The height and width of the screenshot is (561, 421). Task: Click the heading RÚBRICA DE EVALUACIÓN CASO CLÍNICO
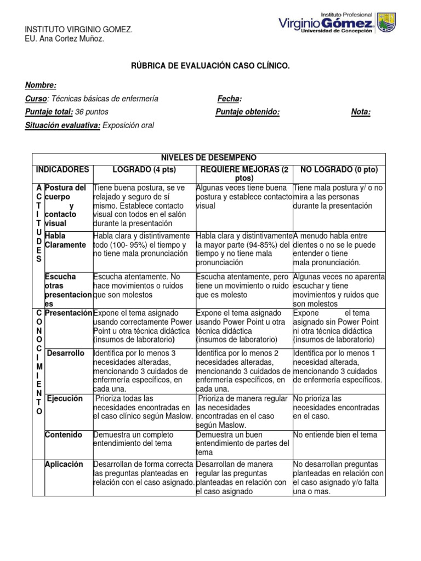[210, 66]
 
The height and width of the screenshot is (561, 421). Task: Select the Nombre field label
[41, 85]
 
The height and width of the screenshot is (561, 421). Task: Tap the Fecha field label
[229, 99]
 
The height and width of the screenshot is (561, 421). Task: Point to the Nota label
[361, 112]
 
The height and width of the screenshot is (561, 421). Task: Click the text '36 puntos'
[92, 112]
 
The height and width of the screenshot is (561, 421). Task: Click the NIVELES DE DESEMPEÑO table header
[208, 158]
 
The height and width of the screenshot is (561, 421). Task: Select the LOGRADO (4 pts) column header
[144, 170]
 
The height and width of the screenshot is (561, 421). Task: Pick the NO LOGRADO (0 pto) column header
[339, 170]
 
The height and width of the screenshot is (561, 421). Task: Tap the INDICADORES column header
[62, 170]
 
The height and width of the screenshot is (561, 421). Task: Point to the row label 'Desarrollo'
[66, 353]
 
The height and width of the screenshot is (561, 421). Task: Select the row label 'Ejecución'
[65, 399]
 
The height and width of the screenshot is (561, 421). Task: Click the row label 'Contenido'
[64, 435]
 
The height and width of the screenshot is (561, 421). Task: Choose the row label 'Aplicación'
[65, 465]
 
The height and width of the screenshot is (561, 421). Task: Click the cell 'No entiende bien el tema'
[335, 435]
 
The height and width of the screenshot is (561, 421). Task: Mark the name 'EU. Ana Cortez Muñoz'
[64, 39]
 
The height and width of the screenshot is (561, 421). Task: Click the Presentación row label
[69, 313]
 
